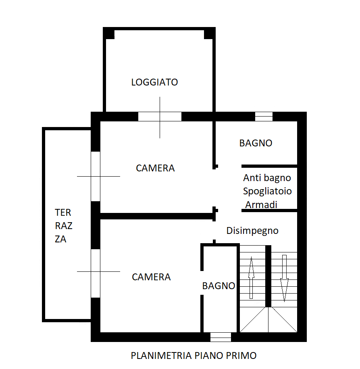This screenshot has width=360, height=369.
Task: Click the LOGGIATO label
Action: point(154,82)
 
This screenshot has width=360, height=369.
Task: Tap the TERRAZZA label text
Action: point(63,226)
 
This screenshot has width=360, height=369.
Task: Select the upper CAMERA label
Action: point(155,168)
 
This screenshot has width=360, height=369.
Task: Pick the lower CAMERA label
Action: point(151,277)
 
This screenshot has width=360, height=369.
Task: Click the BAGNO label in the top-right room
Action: point(256,143)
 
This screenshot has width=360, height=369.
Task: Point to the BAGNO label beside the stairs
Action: point(218,286)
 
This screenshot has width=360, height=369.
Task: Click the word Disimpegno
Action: point(252,231)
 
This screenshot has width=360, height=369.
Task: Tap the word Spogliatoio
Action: point(267,191)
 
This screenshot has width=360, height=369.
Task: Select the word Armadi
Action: point(261,205)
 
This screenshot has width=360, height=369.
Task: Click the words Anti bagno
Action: point(267,178)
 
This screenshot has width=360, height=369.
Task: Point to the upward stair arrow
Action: point(251,278)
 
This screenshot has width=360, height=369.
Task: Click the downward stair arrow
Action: point(284,278)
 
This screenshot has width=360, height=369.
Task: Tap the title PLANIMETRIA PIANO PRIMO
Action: point(194,356)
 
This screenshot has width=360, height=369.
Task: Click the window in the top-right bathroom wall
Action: point(264,117)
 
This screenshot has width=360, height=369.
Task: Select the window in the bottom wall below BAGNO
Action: point(221,337)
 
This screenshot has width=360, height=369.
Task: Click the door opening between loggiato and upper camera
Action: point(160,117)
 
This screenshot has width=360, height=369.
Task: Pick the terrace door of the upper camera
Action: point(96,177)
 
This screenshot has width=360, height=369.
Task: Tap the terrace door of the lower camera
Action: point(96,273)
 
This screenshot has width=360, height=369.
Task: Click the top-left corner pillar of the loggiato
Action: point(109,33)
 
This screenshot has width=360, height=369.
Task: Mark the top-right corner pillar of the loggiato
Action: point(210,33)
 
